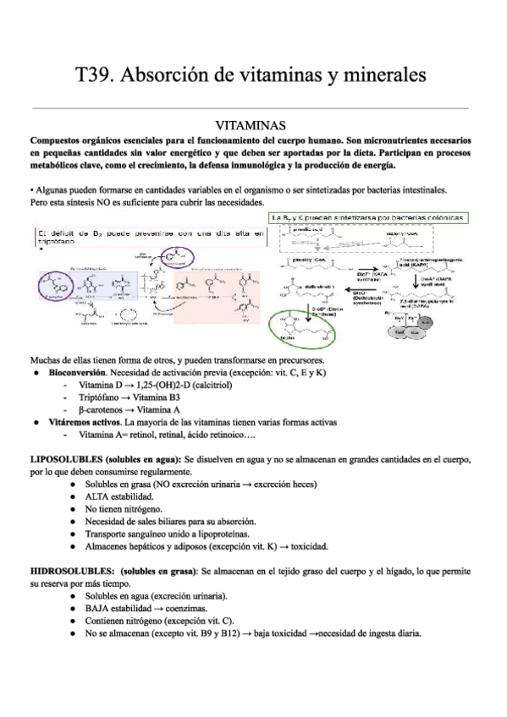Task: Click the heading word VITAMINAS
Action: pos(253,123)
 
